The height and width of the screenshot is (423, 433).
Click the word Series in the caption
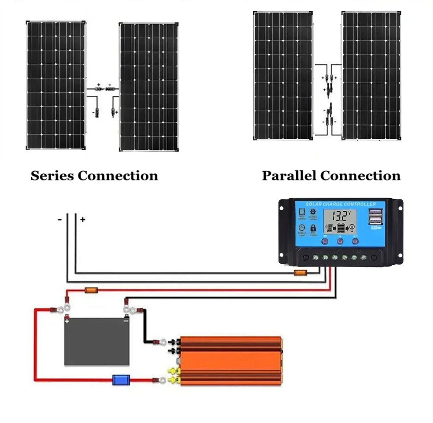[52, 176]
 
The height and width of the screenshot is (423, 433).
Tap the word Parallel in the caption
[289, 176]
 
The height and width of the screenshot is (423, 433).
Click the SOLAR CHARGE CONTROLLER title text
[341, 204]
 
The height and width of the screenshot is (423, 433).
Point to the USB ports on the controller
[377, 218]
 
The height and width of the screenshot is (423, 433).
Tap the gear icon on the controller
[313, 212]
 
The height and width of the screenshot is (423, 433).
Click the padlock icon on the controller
[313, 228]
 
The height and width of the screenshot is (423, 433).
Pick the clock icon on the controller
[301, 228]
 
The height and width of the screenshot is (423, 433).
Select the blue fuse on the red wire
[119, 380]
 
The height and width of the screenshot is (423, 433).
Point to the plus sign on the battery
[67, 321]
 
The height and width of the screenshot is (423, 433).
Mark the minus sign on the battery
[126, 321]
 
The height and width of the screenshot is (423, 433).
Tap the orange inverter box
[232, 361]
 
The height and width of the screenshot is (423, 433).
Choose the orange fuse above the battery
[90, 290]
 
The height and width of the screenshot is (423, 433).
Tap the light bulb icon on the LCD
[352, 228]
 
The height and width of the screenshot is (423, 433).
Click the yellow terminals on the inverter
[176, 375]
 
